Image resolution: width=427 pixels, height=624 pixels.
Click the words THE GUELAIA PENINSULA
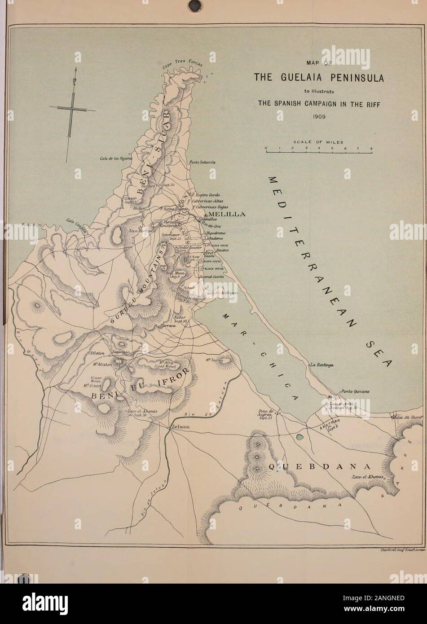pyautogui.click(x=319, y=77)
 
